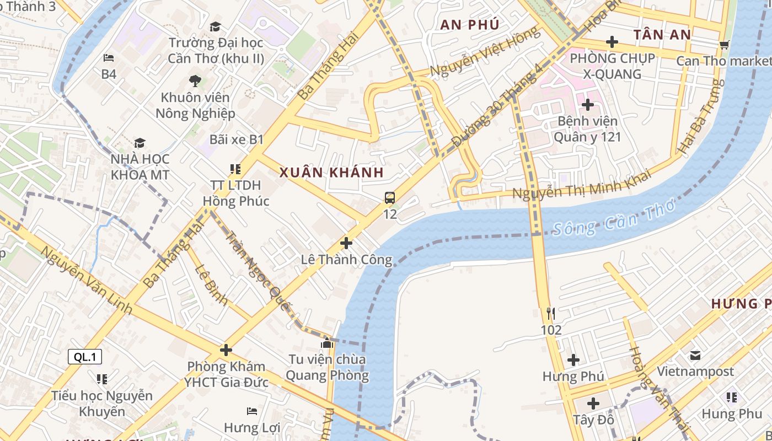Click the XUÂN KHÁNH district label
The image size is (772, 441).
[331, 173]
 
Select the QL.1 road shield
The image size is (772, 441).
[85, 357]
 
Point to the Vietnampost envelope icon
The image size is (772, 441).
[695, 356]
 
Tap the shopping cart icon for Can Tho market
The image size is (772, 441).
[724, 45]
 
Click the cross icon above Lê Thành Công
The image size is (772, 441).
[346, 243]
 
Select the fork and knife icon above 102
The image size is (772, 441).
[550, 314]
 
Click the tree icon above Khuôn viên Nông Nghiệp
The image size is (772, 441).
[195, 81]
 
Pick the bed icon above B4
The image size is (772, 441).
[109, 58]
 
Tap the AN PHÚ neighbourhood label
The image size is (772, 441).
[470, 24]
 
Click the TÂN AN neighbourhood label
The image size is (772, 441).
[662, 35]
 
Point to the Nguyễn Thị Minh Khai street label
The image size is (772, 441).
[581, 185]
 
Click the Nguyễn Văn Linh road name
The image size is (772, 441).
[87, 281]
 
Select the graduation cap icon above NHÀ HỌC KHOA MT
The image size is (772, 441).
[140, 143]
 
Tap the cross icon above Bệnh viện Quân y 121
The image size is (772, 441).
[588, 104]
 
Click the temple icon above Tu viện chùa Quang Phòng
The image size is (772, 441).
[327, 343]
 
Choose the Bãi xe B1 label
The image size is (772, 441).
[237, 139]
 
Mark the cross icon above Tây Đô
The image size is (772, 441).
[593, 404]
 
